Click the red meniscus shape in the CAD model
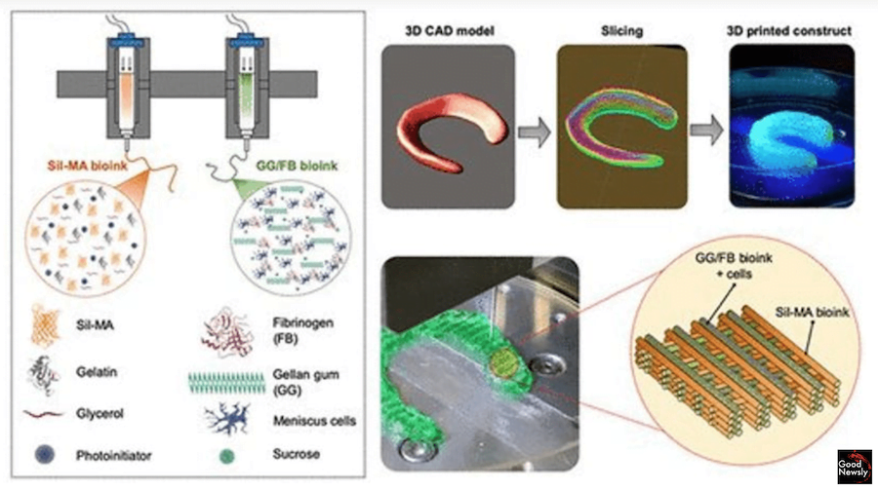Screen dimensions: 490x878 [450, 126]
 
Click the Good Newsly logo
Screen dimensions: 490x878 [856, 466]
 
